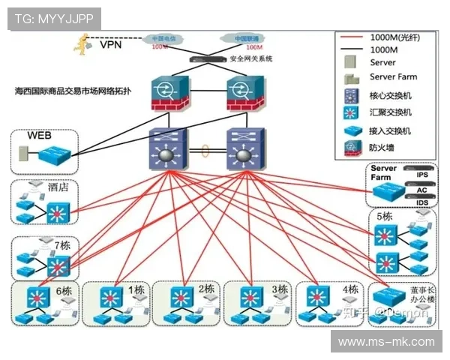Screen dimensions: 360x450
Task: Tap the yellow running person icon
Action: pos(81,43)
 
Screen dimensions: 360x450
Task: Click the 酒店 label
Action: pos(58,187)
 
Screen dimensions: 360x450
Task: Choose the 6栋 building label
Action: pos(63,291)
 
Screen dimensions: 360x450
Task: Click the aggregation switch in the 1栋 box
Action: pos(111,295)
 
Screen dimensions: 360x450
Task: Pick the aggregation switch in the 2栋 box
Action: pos(179,295)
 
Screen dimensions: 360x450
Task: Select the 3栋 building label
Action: pos(280,289)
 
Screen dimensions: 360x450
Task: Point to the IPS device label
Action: pos(421,175)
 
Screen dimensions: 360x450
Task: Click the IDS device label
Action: pos(421,202)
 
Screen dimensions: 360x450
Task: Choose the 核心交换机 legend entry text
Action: pos(391,95)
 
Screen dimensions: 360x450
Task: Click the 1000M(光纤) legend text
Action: pos(394,36)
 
